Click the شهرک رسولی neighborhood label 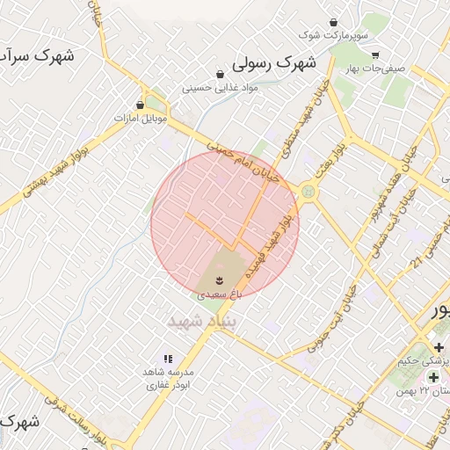274,64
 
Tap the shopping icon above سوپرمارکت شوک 333,22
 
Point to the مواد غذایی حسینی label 219,88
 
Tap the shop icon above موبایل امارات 141,104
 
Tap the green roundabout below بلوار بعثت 308,191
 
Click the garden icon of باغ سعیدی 217,280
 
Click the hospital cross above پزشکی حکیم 439,347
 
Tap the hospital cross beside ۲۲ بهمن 432,377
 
